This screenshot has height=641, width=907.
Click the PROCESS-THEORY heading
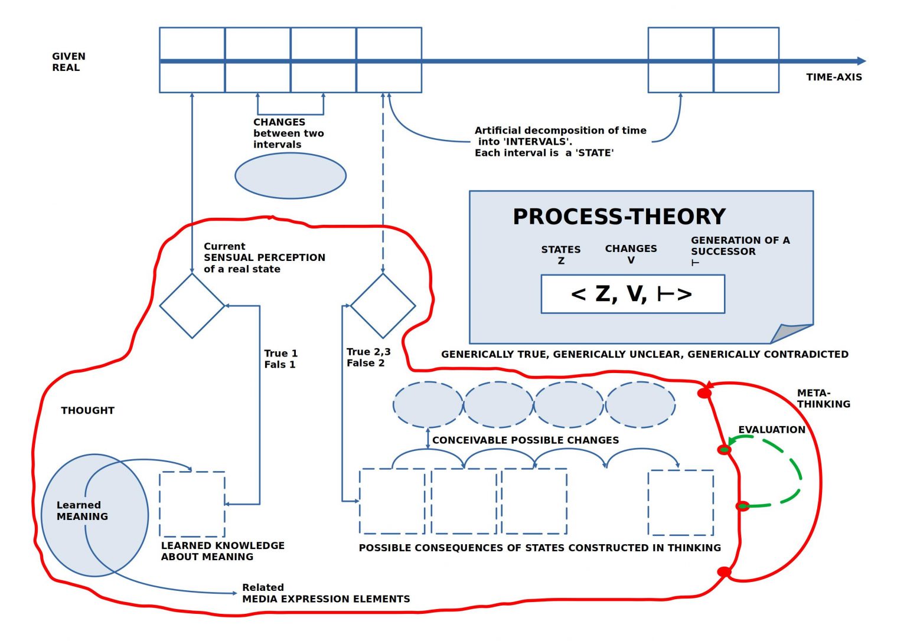pyautogui.click(x=619, y=217)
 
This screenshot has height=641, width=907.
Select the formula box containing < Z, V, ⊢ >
pyautogui.click(x=633, y=294)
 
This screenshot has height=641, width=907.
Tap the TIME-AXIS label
pyautogui.click(x=834, y=77)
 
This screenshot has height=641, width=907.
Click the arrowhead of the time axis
pyautogui.click(x=862, y=61)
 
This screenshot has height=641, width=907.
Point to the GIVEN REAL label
pyautogui.click(x=68, y=62)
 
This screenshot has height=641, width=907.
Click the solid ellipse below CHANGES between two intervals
pyautogui.click(x=291, y=176)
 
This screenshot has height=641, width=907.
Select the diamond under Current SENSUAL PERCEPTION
pyautogui.click(x=192, y=306)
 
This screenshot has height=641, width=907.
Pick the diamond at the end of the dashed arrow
pyautogui.click(x=383, y=306)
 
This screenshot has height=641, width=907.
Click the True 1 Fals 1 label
pyautogui.click(x=280, y=359)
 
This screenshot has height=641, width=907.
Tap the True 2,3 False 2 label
pyautogui.click(x=368, y=357)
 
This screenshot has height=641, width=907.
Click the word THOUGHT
pyautogui.click(x=87, y=410)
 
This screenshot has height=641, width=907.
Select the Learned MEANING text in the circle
pyautogui.click(x=82, y=511)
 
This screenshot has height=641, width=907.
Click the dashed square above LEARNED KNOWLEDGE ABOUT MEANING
pyautogui.click(x=192, y=504)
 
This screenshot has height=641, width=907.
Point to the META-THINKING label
pyautogui.click(x=824, y=398)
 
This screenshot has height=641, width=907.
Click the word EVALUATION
pyautogui.click(x=772, y=430)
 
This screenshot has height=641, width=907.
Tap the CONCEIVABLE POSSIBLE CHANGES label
pyautogui.click(x=526, y=440)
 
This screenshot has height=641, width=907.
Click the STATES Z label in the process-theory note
pyautogui.click(x=561, y=255)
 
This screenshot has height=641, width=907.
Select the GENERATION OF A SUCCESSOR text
pyautogui.click(x=740, y=246)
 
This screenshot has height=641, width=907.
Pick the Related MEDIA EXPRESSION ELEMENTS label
pyautogui.click(x=326, y=593)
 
